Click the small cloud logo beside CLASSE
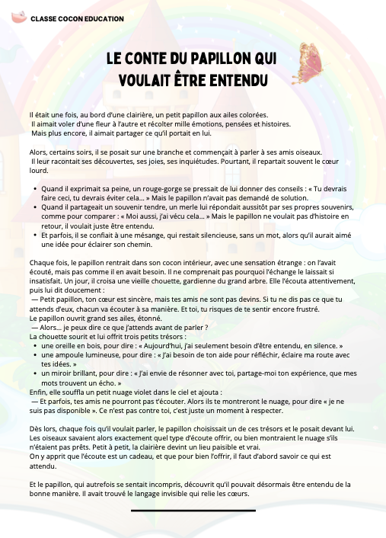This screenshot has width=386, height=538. point(18,16)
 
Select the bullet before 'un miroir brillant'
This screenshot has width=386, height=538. point(34,374)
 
